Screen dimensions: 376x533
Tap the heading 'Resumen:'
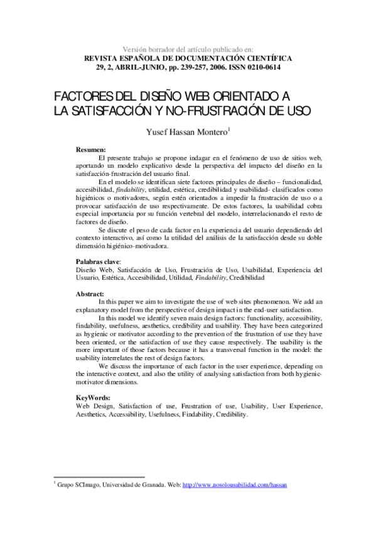[90, 151]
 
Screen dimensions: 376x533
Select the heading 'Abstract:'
[90, 294]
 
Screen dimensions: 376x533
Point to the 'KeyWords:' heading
[93, 398]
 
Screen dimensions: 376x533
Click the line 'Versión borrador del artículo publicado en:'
[188, 48]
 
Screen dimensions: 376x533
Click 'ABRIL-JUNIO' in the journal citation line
[131, 67]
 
